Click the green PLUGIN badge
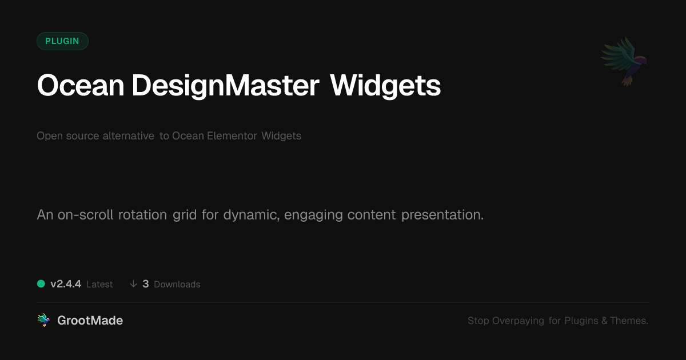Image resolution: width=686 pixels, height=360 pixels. pyautogui.click(x=62, y=41)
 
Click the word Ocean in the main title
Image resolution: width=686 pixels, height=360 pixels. pyautogui.click(x=81, y=85)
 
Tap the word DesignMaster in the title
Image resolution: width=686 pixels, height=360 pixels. pyautogui.click(x=226, y=86)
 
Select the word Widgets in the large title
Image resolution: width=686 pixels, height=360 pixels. pyautogui.click(x=385, y=86)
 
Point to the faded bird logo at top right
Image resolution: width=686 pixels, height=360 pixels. pyautogui.click(x=624, y=62)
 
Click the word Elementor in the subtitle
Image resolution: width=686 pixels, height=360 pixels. pyautogui.click(x=232, y=135)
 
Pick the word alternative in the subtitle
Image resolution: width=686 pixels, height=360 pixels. pyautogui.click(x=128, y=135)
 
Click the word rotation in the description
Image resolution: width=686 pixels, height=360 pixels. pyautogui.click(x=142, y=215)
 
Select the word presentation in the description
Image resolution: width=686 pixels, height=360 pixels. pyautogui.click(x=442, y=215)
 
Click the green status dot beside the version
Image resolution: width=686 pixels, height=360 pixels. pyautogui.click(x=41, y=284)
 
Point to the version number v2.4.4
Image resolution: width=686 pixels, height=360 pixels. pyautogui.click(x=66, y=284)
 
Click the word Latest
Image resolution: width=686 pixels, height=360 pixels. pyautogui.click(x=99, y=285)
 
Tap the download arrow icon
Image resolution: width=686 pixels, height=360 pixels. pyautogui.click(x=133, y=284)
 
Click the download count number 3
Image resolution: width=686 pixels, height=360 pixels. pyautogui.click(x=146, y=284)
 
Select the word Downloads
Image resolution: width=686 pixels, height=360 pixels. pyautogui.click(x=177, y=285)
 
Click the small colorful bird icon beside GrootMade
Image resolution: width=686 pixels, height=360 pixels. pyautogui.click(x=43, y=320)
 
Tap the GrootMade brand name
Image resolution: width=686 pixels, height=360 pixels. pyautogui.click(x=90, y=321)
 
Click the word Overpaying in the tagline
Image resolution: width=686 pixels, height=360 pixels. pyautogui.click(x=518, y=321)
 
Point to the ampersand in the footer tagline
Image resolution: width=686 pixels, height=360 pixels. pyautogui.click(x=604, y=321)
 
